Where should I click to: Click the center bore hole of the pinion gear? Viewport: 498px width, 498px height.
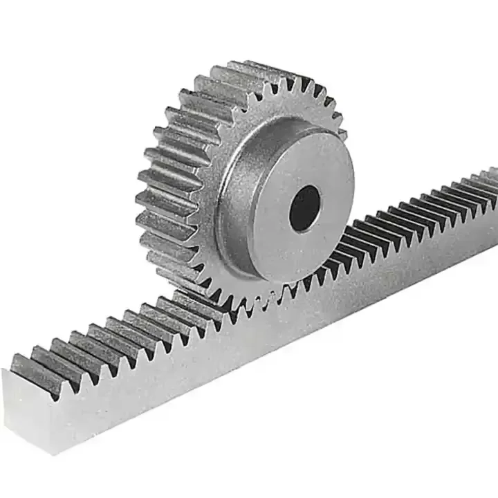pos(304,207)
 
